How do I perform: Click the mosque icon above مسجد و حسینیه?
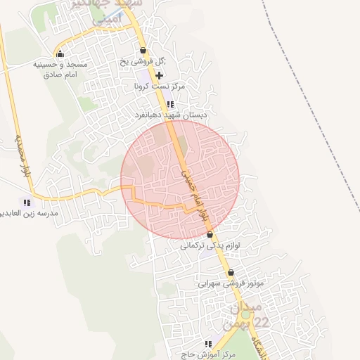59,54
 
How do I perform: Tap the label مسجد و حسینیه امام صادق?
60,69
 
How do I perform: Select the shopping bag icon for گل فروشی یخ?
143,51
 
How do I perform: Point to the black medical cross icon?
160,75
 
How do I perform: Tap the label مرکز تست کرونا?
161,86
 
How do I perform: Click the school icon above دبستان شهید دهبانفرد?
169,104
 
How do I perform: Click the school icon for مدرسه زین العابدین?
27,202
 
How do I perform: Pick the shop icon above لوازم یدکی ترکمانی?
210,235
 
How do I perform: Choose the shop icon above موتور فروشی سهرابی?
231,273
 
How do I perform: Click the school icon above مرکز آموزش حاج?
208,343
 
